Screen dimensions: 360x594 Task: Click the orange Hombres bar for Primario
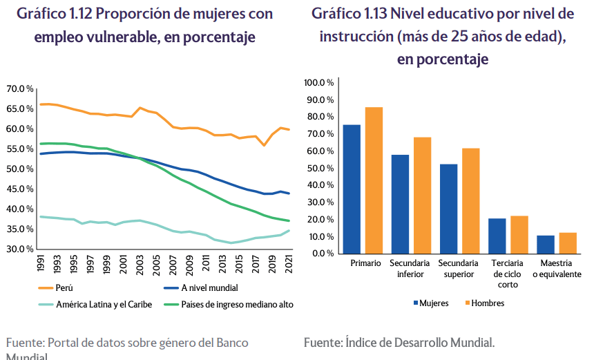coord(374,180)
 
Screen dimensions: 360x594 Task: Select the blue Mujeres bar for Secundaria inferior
coord(400,204)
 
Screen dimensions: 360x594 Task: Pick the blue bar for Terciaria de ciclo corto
coord(497,236)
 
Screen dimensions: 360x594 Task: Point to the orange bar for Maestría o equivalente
coord(568,243)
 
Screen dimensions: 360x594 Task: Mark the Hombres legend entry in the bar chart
coord(487,303)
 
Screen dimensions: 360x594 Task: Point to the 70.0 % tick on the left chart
coord(21,89)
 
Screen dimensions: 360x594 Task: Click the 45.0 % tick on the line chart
coord(21,189)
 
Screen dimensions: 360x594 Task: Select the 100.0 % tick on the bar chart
coord(319,83)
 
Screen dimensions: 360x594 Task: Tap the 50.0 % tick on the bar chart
coord(321,168)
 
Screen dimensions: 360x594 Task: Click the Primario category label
coord(365,263)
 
